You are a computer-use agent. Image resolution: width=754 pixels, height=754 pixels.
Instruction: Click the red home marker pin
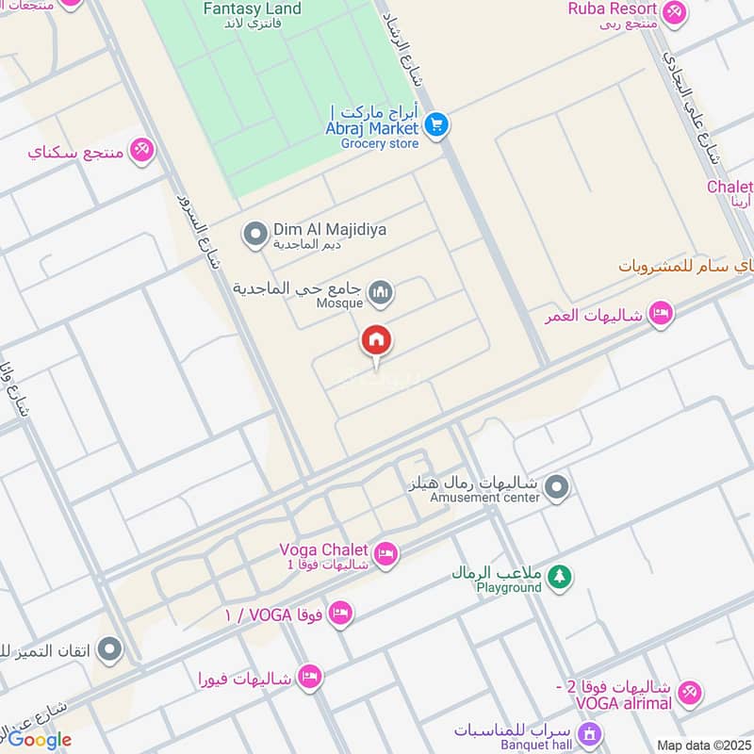coord(377,341)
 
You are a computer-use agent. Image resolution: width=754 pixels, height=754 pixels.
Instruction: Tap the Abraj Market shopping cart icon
coord(434,124)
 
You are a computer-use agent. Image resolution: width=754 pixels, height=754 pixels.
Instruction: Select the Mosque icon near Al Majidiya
coord(380,293)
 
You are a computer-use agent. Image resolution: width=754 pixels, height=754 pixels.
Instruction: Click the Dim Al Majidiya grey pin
coord(254,235)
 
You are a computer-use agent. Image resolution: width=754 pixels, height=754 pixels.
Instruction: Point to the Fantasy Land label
coord(253,9)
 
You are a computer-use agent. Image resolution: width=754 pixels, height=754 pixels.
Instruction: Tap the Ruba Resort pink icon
coord(674,12)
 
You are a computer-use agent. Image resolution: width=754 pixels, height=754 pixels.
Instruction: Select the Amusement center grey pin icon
coord(558,488)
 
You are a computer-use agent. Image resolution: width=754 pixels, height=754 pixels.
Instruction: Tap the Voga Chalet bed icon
coord(385,554)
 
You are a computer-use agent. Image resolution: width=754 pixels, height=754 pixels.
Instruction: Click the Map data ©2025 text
coord(704,746)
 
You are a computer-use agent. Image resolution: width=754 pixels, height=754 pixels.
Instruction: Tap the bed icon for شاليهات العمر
coord(662,314)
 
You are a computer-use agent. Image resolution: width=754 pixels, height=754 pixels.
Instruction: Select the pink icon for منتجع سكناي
coord(141,149)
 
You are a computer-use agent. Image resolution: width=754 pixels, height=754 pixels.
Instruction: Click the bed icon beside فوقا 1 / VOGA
coord(341,614)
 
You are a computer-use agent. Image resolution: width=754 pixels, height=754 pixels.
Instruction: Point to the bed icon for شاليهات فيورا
coord(309,676)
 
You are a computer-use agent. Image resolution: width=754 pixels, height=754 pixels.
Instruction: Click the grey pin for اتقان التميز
coord(110,648)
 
